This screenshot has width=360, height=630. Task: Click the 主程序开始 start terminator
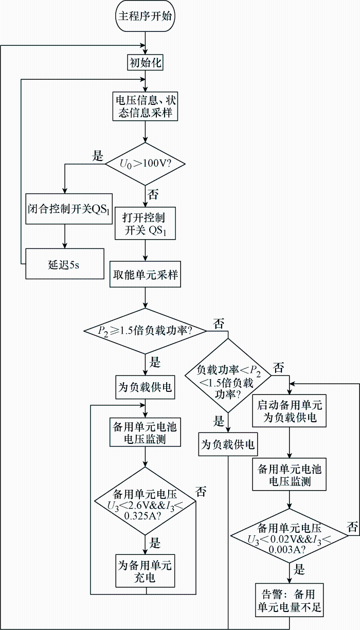tap(145, 16)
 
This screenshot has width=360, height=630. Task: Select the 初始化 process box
tap(145, 62)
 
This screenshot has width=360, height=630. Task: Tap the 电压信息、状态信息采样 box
tap(145, 106)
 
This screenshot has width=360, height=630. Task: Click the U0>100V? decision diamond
tap(145, 164)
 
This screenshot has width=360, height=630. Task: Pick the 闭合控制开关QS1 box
tap(69, 209)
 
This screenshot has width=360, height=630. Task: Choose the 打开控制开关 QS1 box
tap(145, 224)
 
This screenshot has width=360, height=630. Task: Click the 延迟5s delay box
tap(65, 264)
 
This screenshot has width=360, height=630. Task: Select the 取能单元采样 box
tap(145, 275)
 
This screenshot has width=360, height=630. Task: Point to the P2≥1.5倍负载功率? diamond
tap(145, 331)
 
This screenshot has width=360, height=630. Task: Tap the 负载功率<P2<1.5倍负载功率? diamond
tap(228, 375)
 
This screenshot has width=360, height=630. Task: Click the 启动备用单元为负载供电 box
tap(289, 411)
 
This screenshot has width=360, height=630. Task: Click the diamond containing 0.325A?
tap(145, 501)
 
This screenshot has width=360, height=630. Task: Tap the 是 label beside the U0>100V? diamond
tap(98, 155)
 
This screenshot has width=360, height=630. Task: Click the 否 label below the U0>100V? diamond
tap(153, 194)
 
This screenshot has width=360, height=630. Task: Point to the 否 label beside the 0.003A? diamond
tap(352, 527)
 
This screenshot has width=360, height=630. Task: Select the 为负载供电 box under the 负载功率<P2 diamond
tap(228, 445)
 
